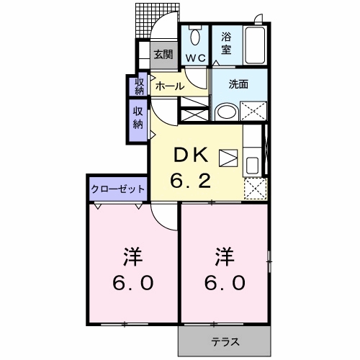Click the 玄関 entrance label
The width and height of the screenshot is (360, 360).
[x=163, y=54]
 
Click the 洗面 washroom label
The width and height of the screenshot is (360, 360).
[x=238, y=84]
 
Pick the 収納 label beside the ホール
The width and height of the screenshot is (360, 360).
[x=138, y=85]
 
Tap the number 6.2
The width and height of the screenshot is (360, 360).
[x=192, y=181]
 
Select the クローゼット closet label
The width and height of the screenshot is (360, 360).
[x=118, y=189]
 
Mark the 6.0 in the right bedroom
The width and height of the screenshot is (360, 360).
[x=226, y=282]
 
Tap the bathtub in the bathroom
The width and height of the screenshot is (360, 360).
[x=256, y=45]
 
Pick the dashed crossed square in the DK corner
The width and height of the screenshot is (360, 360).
[x=254, y=188]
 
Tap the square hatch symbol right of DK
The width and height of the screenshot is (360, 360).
[x=228, y=157]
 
